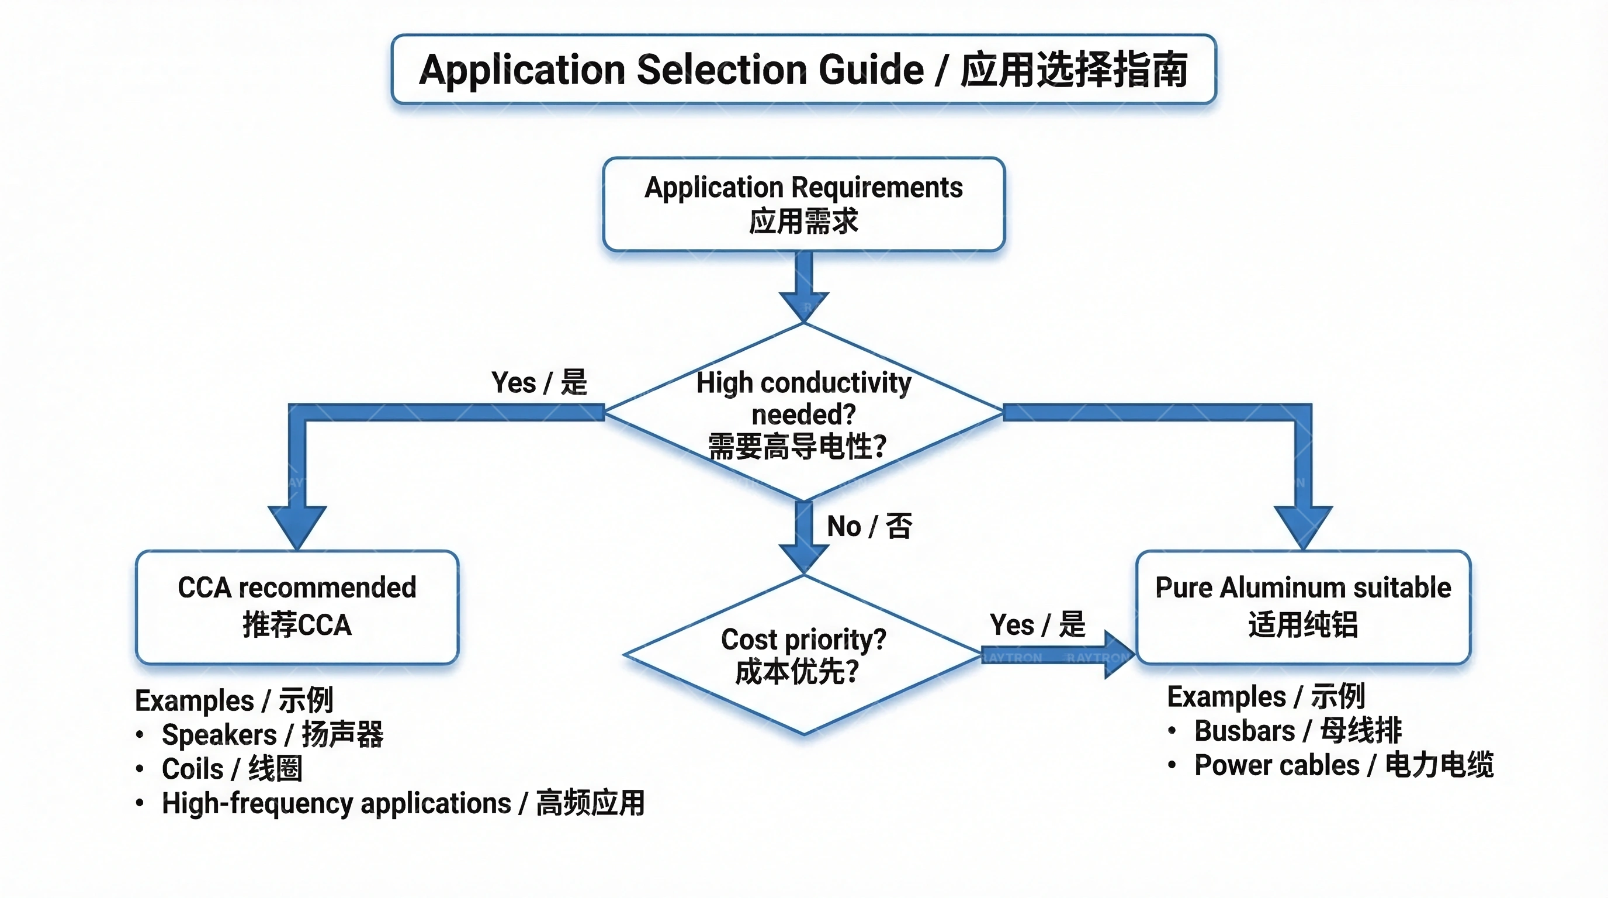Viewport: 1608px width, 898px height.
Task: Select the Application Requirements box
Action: click(803, 204)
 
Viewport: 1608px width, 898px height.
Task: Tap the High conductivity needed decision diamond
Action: click(803, 412)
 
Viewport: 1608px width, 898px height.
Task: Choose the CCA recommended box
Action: click(297, 606)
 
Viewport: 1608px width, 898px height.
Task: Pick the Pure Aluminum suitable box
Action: click(1303, 606)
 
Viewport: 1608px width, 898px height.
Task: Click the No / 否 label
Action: click(869, 526)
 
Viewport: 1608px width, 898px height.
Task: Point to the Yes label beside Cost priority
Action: click(1037, 624)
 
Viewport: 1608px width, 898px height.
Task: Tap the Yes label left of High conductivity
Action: click(539, 382)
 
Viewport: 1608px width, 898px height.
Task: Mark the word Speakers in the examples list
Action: click(219, 735)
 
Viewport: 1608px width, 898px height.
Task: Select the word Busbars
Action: click(1244, 731)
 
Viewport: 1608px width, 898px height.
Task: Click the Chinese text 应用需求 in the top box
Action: click(803, 222)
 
